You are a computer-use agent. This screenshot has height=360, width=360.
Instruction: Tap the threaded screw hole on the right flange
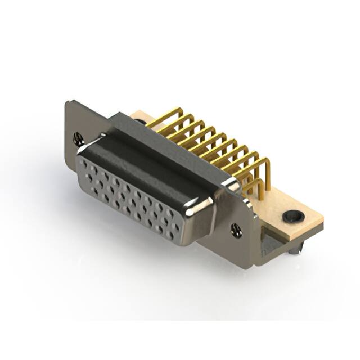236,229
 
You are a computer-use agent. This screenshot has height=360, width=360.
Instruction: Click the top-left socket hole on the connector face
85,163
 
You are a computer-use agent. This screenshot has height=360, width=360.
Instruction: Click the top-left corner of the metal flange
67,102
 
